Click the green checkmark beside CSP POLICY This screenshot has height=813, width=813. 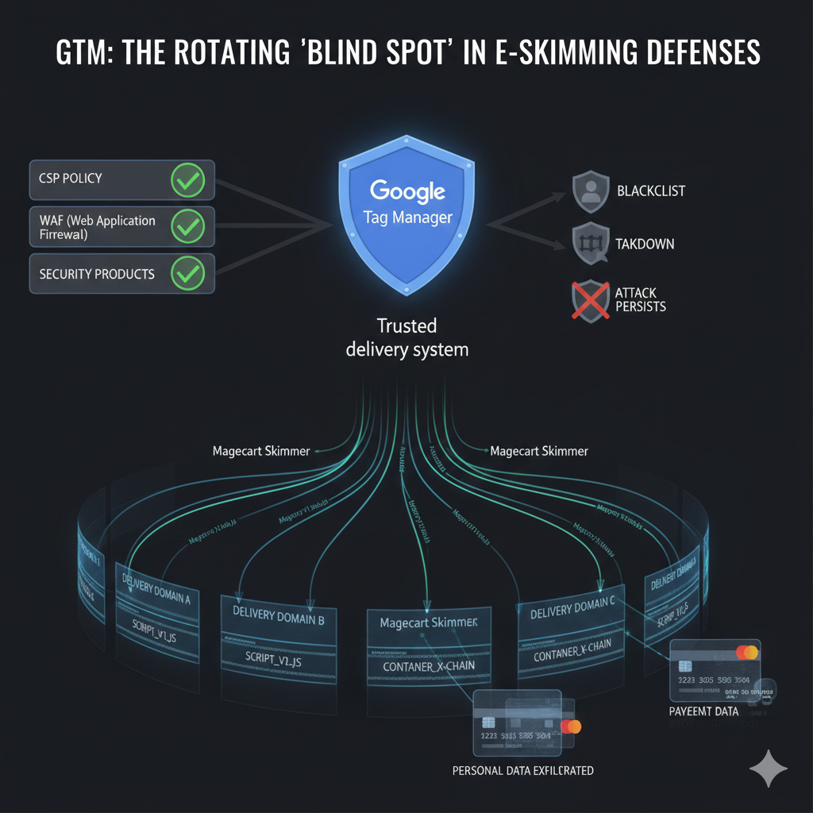(x=188, y=181)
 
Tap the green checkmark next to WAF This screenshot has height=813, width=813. (x=188, y=228)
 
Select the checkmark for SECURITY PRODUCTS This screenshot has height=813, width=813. (x=188, y=275)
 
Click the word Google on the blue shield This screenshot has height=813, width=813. (x=406, y=192)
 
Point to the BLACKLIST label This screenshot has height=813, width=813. (x=650, y=191)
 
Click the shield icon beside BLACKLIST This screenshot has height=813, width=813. (x=590, y=191)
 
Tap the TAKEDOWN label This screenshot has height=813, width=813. (x=645, y=244)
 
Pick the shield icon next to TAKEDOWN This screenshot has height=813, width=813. (x=590, y=244)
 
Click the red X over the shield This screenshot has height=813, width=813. (x=591, y=299)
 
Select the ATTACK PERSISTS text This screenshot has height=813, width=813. (x=640, y=299)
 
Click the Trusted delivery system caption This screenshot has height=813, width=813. (x=406, y=337)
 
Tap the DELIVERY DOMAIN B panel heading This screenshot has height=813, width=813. (x=278, y=616)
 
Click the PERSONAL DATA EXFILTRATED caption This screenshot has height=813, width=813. (x=522, y=770)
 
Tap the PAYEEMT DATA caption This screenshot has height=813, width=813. (x=703, y=711)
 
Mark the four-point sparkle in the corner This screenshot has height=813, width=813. (x=769, y=769)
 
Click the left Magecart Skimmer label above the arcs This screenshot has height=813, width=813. (x=261, y=451)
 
